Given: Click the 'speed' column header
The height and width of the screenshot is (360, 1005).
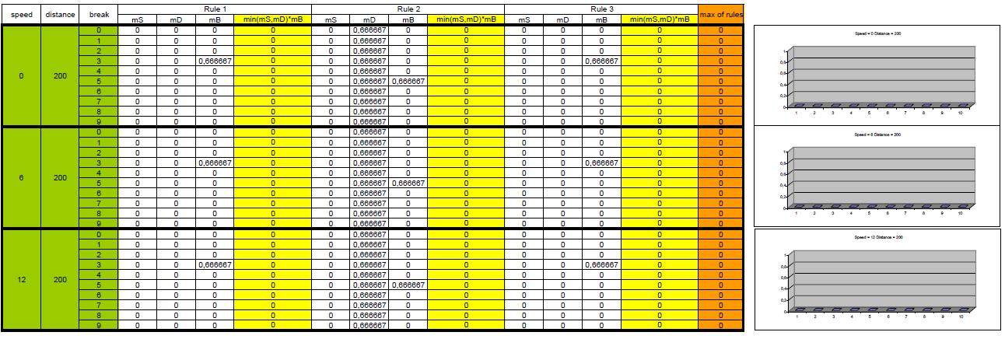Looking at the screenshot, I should (x=21, y=14).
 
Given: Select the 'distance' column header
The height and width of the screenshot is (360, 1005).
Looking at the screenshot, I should (x=60, y=14).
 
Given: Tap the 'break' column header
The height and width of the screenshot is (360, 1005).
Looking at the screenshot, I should (x=98, y=14).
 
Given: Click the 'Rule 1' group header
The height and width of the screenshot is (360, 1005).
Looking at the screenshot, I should (x=214, y=9).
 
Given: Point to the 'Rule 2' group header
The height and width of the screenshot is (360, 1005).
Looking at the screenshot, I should (x=408, y=9).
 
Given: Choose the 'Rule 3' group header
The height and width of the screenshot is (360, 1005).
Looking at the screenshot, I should (x=601, y=9).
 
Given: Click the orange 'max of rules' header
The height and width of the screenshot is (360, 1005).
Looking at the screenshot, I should (x=721, y=14).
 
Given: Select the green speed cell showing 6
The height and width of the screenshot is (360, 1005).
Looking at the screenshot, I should (x=21, y=177).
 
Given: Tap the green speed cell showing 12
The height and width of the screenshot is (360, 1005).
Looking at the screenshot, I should (x=21, y=279).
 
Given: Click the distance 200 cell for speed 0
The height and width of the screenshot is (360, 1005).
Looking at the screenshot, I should (x=60, y=76).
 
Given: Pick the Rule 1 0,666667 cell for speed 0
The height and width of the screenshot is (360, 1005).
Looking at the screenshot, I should (x=214, y=61).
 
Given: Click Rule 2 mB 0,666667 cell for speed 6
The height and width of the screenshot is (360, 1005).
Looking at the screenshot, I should (x=408, y=183).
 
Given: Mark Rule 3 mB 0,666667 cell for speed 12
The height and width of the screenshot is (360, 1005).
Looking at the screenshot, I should (x=601, y=264).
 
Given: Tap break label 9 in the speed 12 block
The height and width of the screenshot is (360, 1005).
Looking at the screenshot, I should (x=98, y=325).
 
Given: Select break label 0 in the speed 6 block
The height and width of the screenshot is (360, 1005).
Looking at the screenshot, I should (x=98, y=132).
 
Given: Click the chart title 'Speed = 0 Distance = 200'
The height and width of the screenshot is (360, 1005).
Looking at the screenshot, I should (x=876, y=33).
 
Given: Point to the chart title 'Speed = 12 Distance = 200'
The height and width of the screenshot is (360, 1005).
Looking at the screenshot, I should (x=876, y=236).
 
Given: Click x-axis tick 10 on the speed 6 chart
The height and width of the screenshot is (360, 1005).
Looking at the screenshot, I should (x=961, y=212).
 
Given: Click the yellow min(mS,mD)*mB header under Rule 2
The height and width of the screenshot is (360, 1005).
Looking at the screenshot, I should (x=465, y=19).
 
